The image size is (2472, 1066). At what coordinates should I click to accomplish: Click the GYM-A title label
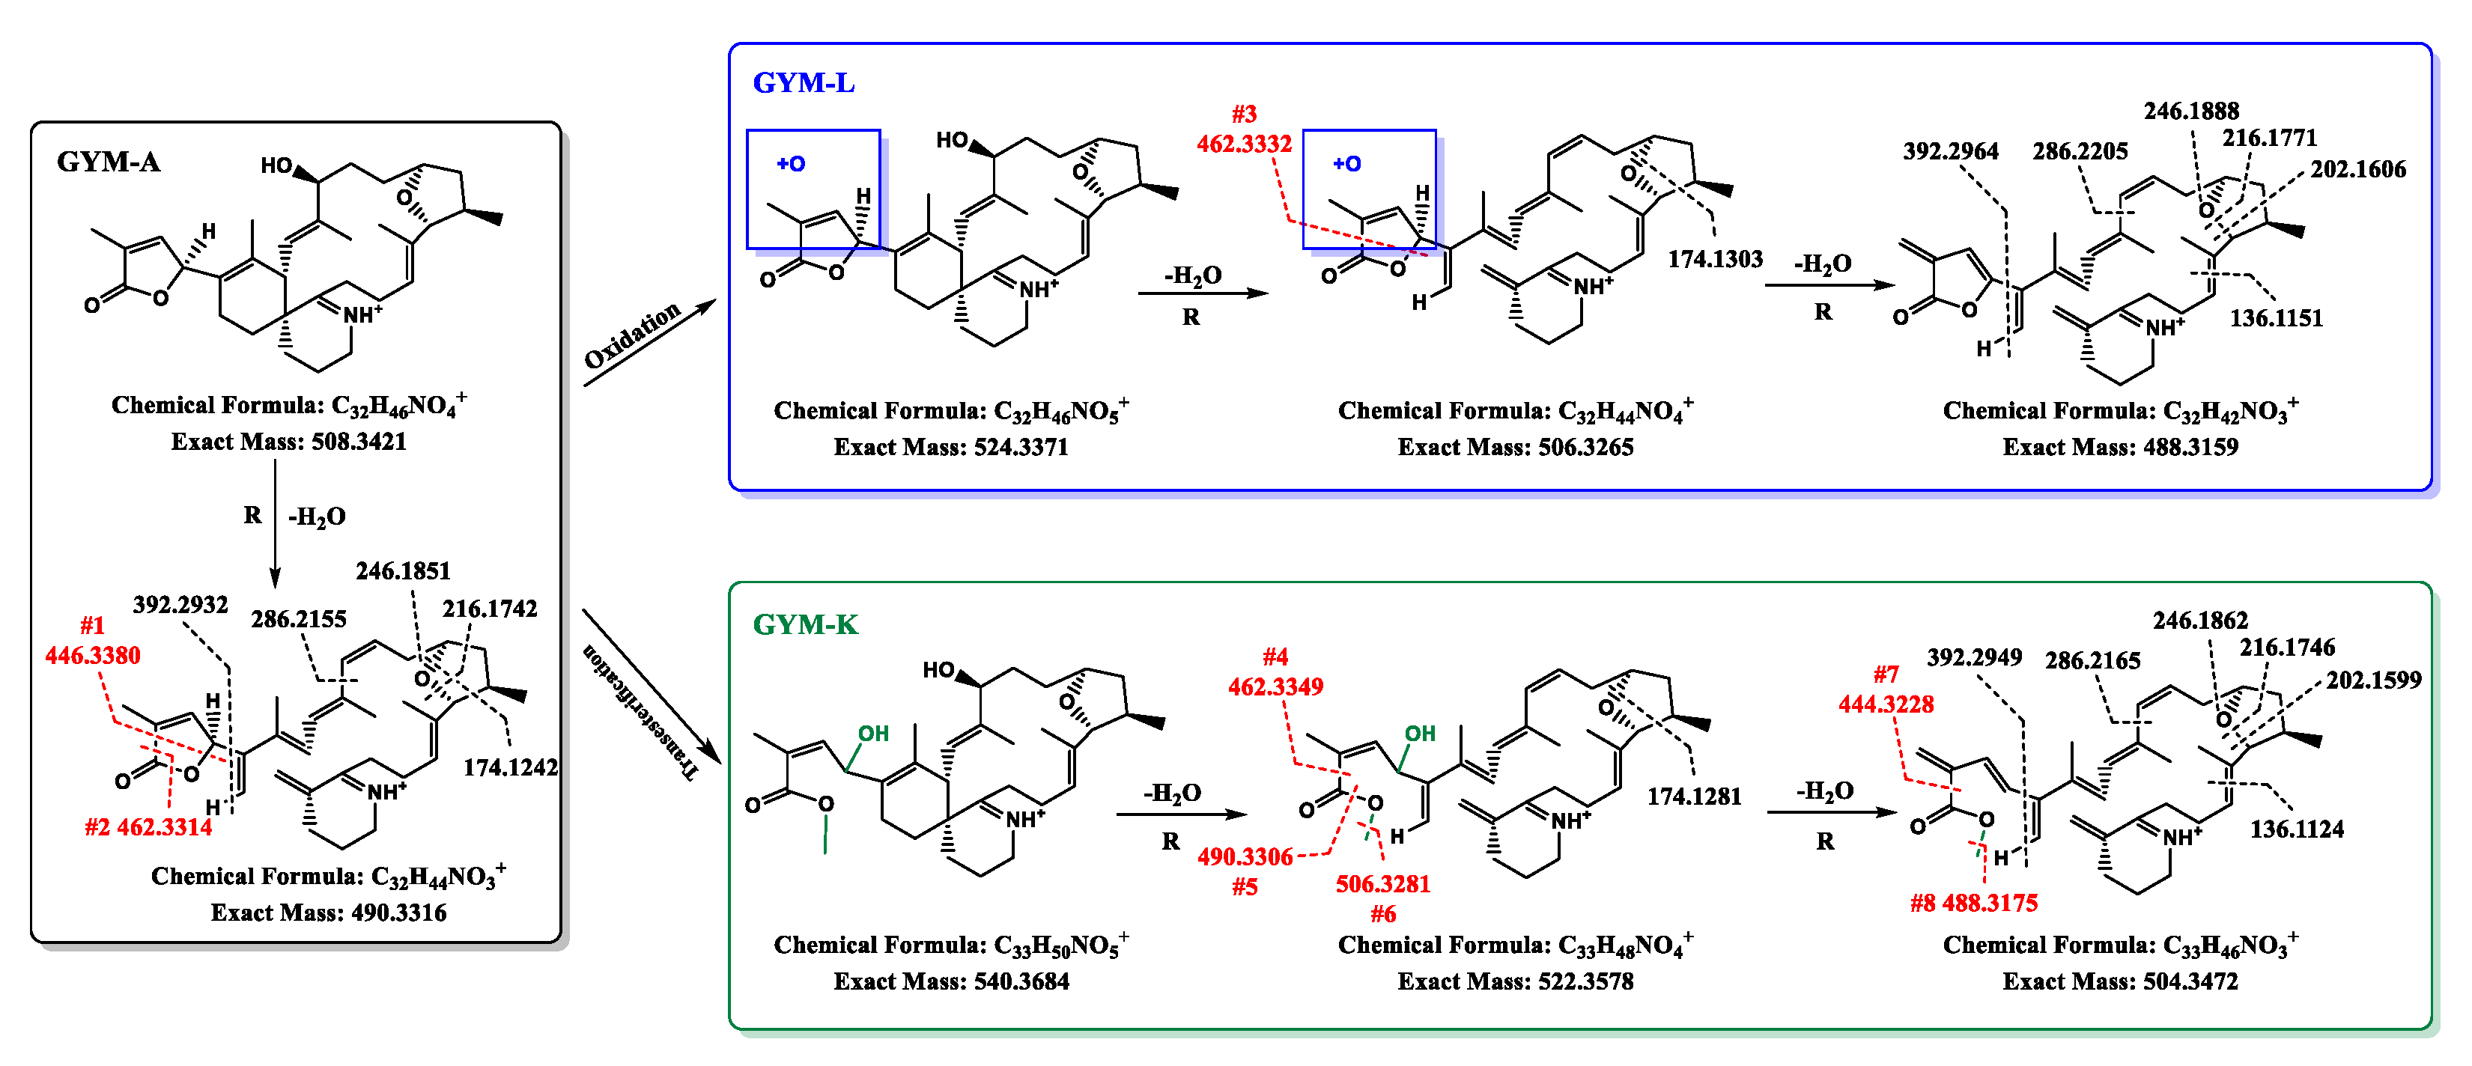point(109,161)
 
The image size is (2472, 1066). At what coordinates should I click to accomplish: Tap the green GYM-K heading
point(805,624)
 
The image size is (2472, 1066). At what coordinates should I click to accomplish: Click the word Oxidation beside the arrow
point(632,335)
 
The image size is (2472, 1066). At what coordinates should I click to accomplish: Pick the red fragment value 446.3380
point(92,655)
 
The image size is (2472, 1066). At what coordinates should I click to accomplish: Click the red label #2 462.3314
point(149,826)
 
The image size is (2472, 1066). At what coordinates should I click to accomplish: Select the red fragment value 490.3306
point(1245,856)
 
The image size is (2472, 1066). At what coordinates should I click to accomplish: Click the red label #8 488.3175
point(1973,902)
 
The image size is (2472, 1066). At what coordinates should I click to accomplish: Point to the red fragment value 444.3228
point(1886,704)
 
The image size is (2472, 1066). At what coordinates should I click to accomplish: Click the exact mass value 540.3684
point(1001,981)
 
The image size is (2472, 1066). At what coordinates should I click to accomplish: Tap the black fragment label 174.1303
point(1715,258)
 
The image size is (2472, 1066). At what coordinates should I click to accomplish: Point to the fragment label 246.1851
point(403,571)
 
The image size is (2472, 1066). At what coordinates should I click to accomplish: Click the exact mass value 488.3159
point(2169,446)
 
